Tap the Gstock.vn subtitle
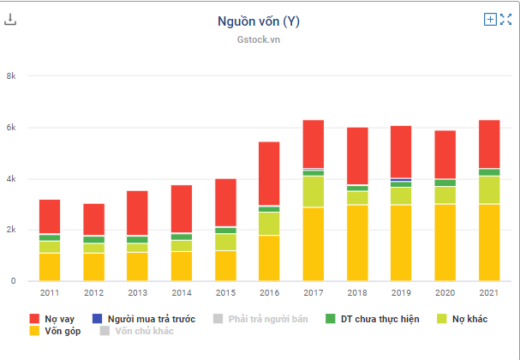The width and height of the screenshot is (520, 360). coord(259,39)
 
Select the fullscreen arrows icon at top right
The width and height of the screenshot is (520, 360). coord(505,19)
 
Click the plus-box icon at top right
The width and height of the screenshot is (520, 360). coord(490,19)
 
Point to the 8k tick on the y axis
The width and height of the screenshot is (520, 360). coord(11,76)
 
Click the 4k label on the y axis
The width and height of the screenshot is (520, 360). coord(11,179)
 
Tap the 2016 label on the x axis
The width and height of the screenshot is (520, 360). coord(269,292)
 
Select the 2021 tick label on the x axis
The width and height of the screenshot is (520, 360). coord(488,292)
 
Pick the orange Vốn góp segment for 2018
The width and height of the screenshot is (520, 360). coord(356,243)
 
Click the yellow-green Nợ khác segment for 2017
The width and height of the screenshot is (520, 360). coord(313,191)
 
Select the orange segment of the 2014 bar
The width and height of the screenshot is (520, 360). coord(181,266)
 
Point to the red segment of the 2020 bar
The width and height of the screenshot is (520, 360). coord(445,154)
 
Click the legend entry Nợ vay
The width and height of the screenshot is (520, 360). coord(52,319)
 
